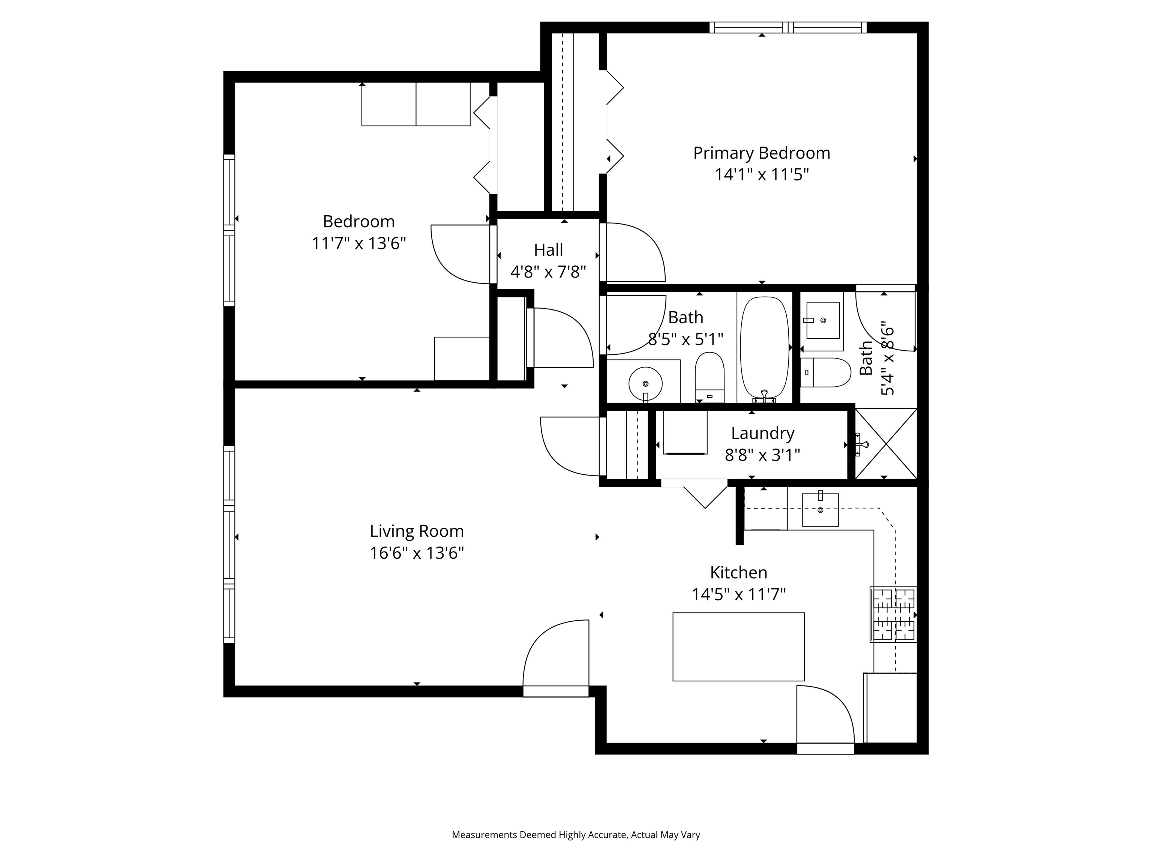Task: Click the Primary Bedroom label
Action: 761,153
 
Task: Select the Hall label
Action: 548,250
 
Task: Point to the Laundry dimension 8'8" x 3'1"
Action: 762,455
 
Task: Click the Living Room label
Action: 416,531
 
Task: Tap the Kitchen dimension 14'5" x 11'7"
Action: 738,594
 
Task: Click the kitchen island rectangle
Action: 738,646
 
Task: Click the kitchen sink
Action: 820,510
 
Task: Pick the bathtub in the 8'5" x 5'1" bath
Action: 764,349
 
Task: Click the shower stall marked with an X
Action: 885,444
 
